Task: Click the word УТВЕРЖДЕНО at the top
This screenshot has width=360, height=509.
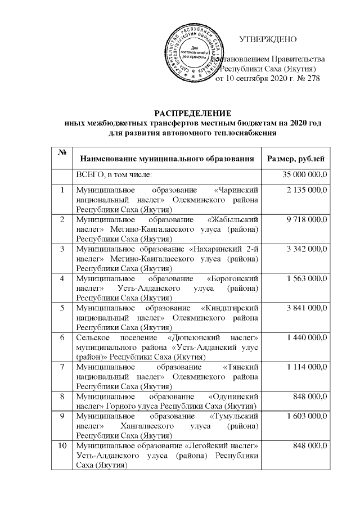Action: tap(268, 40)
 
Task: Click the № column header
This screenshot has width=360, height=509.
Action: tap(61, 154)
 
